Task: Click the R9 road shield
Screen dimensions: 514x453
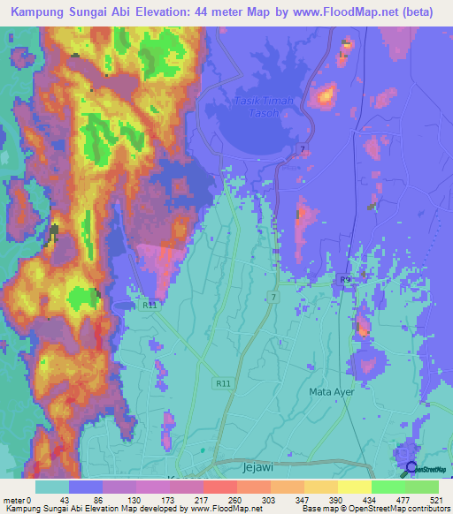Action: tap(346, 280)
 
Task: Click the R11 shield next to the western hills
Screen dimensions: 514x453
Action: tap(149, 305)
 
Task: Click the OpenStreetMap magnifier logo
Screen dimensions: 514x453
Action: tap(410, 468)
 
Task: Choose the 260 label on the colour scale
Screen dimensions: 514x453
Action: tap(234, 499)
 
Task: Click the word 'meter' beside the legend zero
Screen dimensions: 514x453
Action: tap(14, 499)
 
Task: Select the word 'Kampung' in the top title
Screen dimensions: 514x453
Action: tap(41, 13)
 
